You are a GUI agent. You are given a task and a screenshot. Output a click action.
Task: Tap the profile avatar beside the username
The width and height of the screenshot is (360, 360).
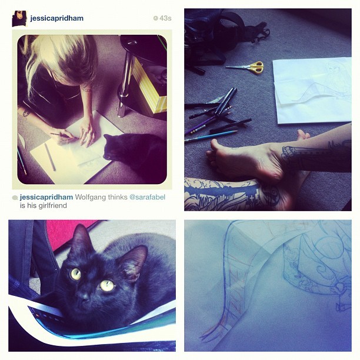[20, 19]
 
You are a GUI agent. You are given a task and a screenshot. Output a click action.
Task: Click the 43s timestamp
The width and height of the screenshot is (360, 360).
[162, 18]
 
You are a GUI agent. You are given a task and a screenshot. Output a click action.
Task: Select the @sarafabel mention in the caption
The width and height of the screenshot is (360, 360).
[148, 197]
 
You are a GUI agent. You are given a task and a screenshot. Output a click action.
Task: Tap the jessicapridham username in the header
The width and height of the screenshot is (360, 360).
[56, 18]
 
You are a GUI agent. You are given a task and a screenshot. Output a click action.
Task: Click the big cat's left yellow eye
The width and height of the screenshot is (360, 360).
[76, 274]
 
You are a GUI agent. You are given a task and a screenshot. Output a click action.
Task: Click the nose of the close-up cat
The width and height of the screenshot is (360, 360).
[84, 297]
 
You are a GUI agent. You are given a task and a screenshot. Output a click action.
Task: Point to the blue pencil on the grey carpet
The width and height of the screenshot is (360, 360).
[211, 136]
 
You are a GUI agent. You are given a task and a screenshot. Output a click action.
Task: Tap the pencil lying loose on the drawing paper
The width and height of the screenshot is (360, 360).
[50, 157]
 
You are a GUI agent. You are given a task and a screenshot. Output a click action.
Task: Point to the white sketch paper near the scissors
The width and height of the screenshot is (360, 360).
[312, 91]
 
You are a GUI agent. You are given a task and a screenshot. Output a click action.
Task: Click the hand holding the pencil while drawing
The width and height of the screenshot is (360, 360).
[66, 137]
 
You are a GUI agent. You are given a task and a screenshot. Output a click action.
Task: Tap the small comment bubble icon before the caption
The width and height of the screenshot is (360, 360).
[15, 198]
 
